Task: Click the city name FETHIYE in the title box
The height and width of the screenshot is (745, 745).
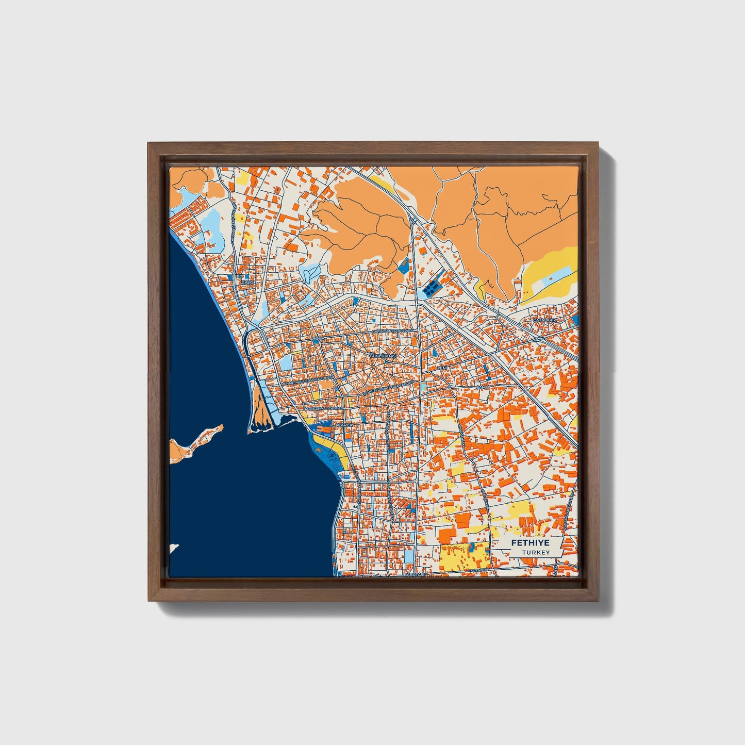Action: pyautogui.click(x=529, y=543)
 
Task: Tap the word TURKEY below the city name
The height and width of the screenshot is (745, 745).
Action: pyautogui.click(x=535, y=553)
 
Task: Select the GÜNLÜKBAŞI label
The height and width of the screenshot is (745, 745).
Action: pyautogui.click(x=384, y=356)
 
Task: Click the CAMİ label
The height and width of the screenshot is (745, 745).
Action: pyautogui.click(x=481, y=387)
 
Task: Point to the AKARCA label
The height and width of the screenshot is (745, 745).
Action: pyautogui.click(x=343, y=425)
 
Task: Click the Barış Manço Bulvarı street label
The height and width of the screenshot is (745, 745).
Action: pyautogui.click(x=393, y=330)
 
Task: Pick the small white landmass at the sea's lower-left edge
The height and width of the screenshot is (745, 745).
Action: pyautogui.click(x=174, y=548)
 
